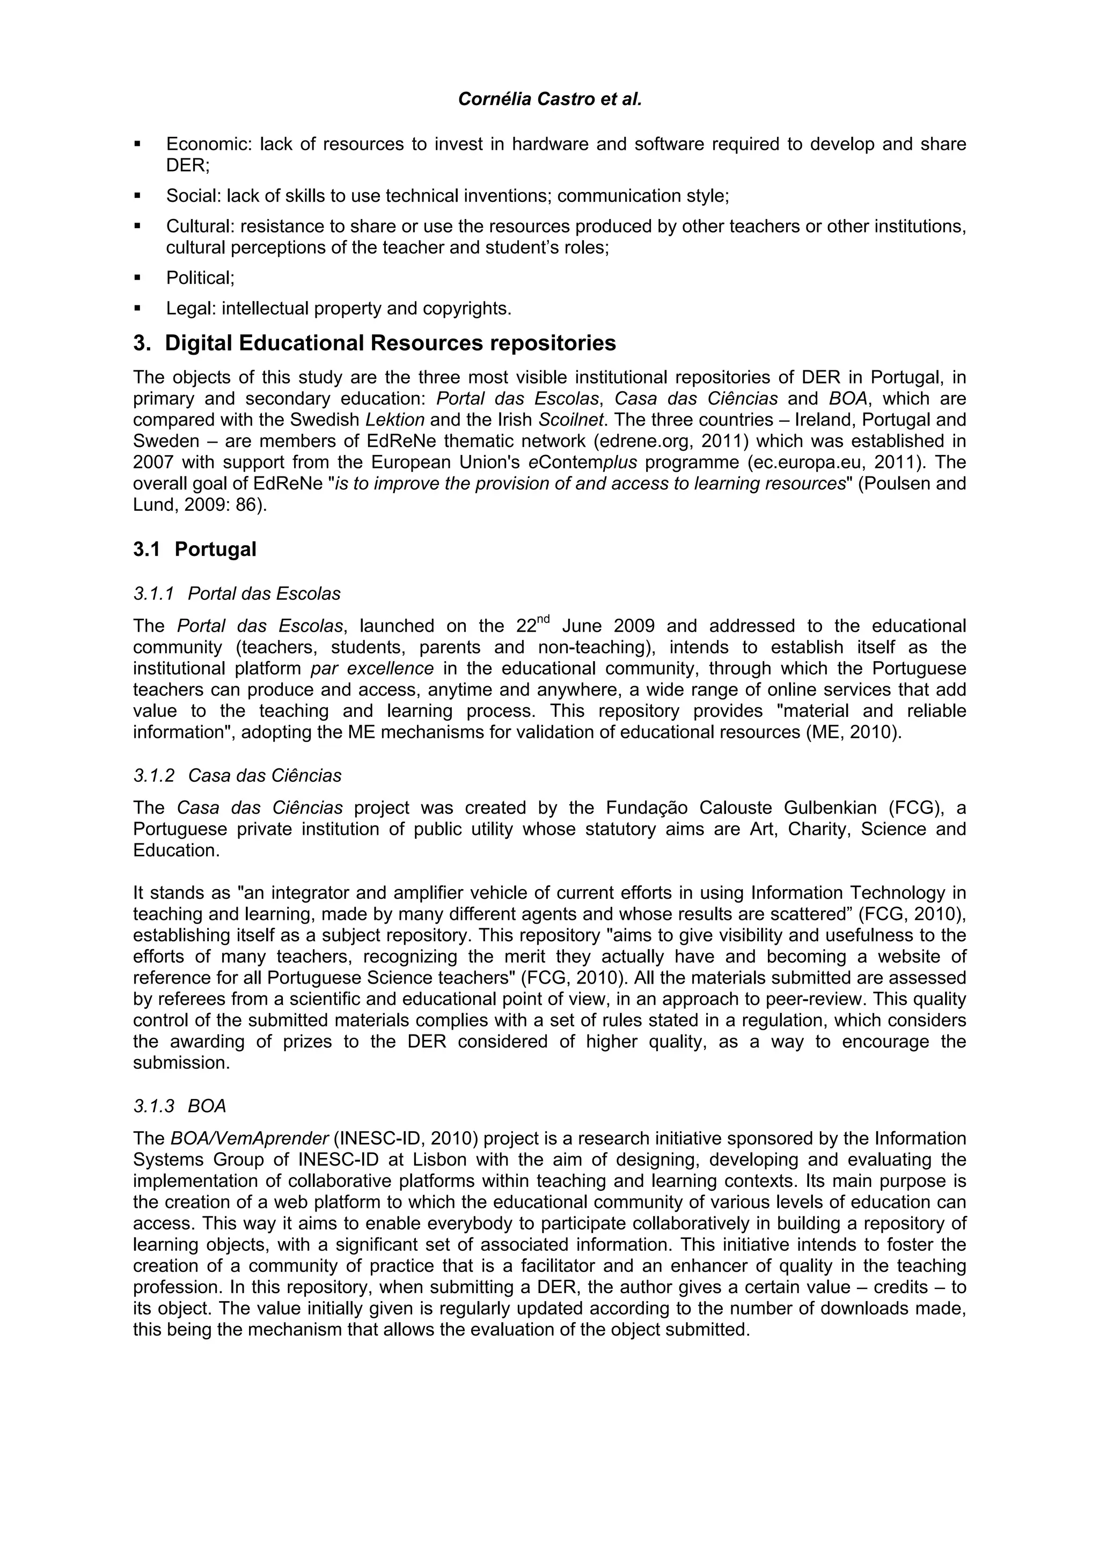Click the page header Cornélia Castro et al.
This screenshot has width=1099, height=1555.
click(x=549, y=100)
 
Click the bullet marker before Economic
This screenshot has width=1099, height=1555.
click(x=137, y=144)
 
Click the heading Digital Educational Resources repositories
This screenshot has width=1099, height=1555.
click(x=390, y=343)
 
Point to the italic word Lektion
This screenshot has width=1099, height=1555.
click(x=395, y=420)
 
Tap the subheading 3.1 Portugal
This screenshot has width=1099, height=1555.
click(x=195, y=549)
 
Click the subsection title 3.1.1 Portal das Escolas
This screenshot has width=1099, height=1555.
click(x=237, y=594)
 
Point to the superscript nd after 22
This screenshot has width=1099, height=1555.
click(x=544, y=618)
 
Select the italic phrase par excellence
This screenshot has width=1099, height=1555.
click(x=372, y=669)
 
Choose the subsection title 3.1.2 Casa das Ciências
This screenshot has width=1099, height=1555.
click(x=238, y=775)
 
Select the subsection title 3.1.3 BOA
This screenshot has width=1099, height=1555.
click(x=180, y=1106)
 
